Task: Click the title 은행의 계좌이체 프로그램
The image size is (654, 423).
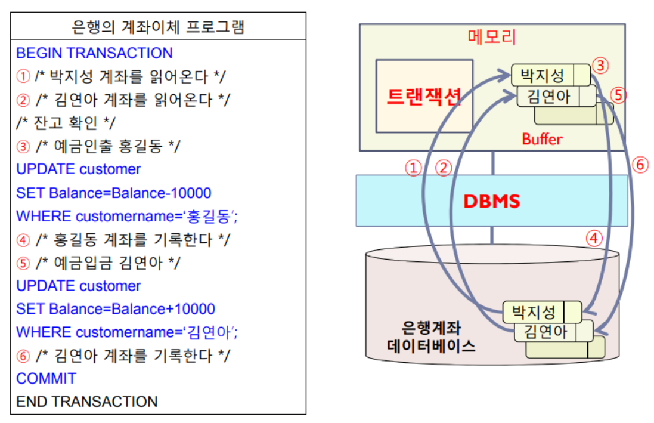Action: tap(158, 27)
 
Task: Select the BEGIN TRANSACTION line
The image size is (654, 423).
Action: tap(94, 53)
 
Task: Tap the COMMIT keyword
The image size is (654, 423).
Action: tap(47, 378)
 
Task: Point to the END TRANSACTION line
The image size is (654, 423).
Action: tap(87, 402)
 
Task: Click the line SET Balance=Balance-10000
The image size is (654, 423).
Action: tap(114, 193)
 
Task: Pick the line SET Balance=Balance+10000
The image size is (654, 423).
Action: tap(116, 309)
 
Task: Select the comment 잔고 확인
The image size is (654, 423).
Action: tap(66, 123)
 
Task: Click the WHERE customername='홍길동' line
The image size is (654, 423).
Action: tap(127, 216)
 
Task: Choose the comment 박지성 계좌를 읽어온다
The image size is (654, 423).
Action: tap(122, 76)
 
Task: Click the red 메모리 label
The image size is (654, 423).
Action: tap(492, 37)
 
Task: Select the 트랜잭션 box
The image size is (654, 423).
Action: tap(424, 96)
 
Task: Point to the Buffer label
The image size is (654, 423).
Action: tap(542, 139)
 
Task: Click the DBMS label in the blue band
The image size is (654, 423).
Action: tap(492, 201)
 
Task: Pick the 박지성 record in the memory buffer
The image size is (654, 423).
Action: tap(543, 76)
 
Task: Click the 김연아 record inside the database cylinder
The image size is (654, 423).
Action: tap(545, 331)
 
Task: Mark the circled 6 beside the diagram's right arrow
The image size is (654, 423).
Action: tap(639, 165)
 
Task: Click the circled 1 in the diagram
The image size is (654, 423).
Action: tap(414, 169)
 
